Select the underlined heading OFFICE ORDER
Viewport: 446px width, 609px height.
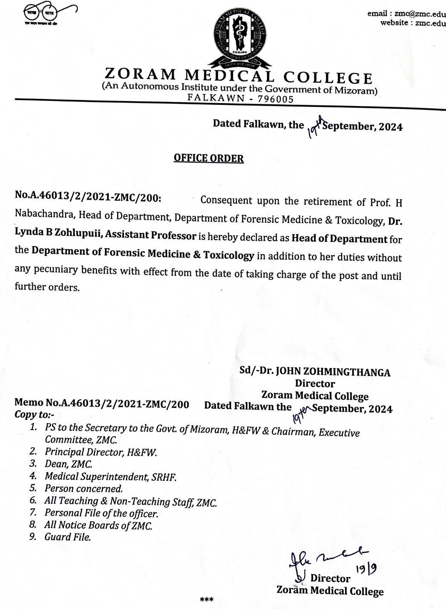(x=208, y=158)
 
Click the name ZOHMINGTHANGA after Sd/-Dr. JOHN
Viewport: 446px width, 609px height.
(x=333, y=372)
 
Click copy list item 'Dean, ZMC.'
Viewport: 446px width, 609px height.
(x=68, y=464)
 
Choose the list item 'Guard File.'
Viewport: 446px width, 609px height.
(x=68, y=537)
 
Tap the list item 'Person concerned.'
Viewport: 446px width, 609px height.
(x=83, y=488)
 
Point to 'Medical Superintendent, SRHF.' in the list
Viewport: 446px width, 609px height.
(x=110, y=477)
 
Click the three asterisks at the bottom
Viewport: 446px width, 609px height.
(x=207, y=600)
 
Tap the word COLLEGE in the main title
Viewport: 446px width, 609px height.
(x=328, y=78)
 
